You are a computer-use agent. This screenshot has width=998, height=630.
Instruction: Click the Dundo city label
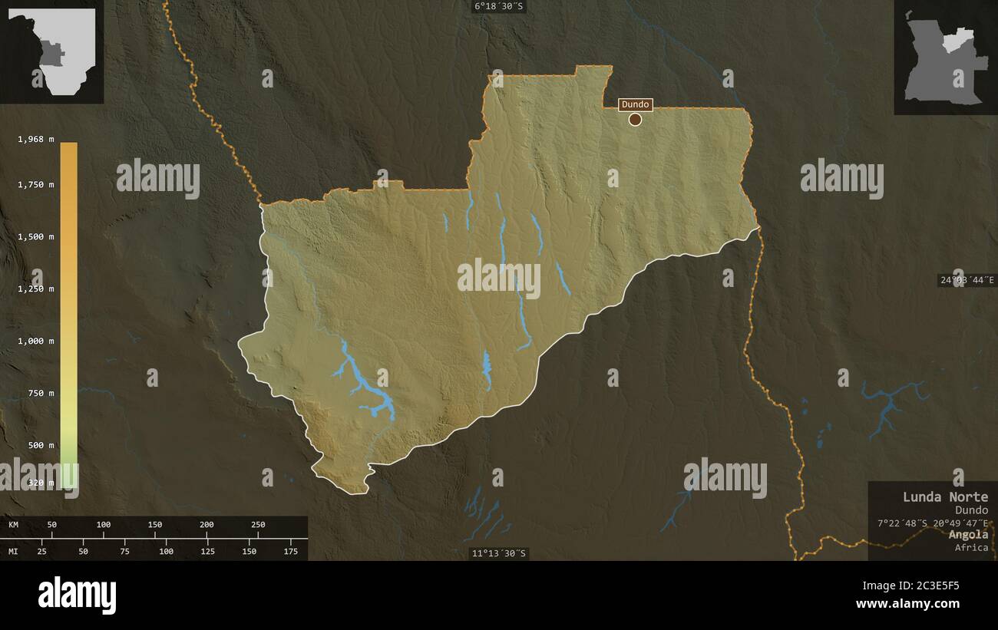[635, 104]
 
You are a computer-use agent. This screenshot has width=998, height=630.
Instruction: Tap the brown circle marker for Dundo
[635, 119]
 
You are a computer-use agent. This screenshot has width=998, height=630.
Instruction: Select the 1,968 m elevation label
[36, 139]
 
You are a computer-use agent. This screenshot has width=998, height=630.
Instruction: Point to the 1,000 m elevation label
[36, 341]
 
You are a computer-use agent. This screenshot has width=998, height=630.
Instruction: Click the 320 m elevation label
[41, 483]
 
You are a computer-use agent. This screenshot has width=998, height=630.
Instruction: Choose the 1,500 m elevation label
[36, 236]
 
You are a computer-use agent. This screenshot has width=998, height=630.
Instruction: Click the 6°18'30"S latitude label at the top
[499, 7]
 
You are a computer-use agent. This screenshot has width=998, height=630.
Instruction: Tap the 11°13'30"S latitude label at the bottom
[499, 553]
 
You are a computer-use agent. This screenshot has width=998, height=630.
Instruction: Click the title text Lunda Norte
[945, 496]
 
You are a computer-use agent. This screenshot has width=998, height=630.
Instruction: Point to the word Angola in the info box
[968, 534]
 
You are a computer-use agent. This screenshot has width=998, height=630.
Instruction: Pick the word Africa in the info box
[971, 547]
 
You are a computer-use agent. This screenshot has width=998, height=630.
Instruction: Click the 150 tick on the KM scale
[155, 525]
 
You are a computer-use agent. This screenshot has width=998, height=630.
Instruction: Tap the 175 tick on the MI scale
[291, 551]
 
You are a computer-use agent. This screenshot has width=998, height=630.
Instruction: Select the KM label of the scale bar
[13, 525]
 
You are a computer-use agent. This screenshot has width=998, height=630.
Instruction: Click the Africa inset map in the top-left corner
[52, 52]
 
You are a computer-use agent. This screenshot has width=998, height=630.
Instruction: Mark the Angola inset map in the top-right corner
[945, 58]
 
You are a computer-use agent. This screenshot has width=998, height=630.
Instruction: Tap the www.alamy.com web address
[907, 604]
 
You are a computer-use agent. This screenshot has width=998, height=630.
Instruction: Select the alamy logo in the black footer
[77, 595]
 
